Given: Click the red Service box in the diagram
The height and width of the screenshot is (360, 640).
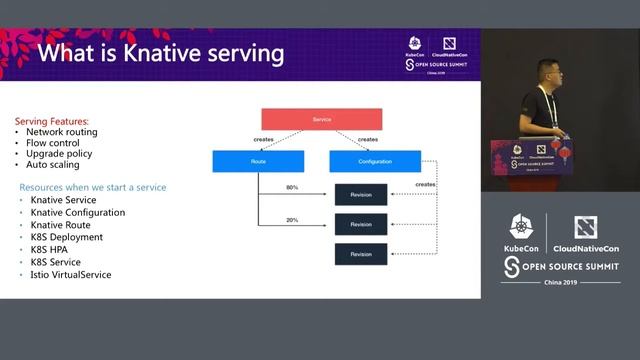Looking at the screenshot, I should (x=321, y=119).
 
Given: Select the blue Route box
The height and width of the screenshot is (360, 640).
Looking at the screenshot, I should (x=258, y=161).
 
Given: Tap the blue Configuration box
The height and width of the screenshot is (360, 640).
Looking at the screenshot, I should (x=374, y=161).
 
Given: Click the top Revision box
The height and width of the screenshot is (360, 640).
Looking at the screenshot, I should (x=360, y=194).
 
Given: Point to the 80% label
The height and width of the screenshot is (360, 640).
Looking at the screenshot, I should (x=292, y=188).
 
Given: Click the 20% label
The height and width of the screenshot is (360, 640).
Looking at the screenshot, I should (x=292, y=220).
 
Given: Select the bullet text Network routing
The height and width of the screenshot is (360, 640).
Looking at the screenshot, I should (x=62, y=131).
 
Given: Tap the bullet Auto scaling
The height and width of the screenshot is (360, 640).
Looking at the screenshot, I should (x=54, y=164).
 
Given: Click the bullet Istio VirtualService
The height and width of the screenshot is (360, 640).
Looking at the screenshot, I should (x=71, y=274).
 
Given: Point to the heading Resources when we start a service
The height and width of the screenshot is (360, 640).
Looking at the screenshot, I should (x=93, y=187).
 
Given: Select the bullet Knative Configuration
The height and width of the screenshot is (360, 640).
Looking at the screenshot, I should (x=78, y=212).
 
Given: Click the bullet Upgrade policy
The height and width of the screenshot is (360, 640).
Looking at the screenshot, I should (x=58, y=153).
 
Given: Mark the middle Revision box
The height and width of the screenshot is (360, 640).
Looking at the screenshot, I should (x=360, y=225).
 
